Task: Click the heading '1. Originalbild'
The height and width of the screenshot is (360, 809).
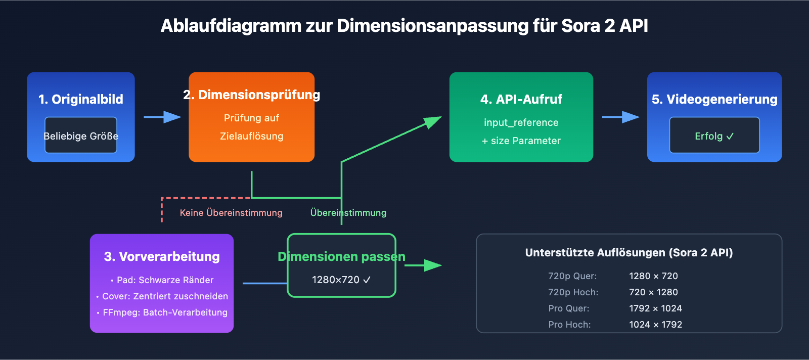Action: [x=81, y=99]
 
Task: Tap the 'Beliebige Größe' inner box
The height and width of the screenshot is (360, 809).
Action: [x=81, y=136]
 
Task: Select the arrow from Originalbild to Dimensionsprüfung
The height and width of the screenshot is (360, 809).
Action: [x=162, y=117]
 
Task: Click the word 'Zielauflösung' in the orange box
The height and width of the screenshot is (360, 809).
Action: [x=251, y=136]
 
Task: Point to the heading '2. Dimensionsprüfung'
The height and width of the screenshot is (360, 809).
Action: [x=251, y=95]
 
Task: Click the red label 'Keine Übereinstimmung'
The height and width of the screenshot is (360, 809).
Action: [x=231, y=213]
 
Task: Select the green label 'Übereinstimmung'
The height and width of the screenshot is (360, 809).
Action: [x=348, y=213]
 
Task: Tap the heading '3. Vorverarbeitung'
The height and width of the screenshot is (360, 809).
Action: [x=162, y=256]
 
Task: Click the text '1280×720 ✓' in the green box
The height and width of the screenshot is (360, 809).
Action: [x=341, y=280]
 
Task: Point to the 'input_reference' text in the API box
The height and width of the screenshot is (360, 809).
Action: [x=521, y=122]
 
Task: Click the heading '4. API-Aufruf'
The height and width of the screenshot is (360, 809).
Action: [x=521, y=99]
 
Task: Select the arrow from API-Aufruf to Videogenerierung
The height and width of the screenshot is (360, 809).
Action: [x=620, y=117]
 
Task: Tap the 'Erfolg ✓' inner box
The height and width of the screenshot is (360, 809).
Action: [x=714, y=136]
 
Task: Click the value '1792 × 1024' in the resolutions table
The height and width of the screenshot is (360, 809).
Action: [x=655, y=308]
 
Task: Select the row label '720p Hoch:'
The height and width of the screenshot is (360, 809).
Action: [x=573, y=292]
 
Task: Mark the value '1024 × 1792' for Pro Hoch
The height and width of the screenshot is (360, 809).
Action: [x=655, y=325]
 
